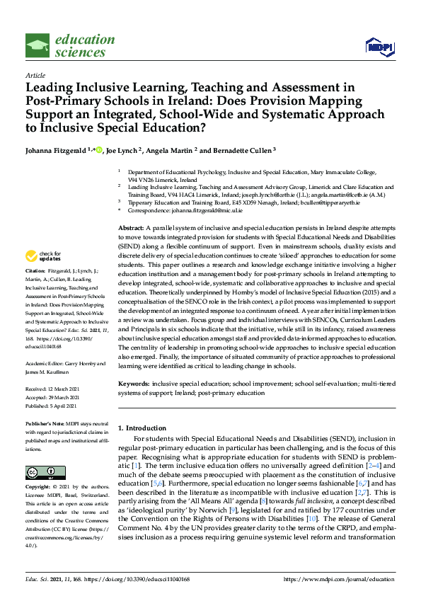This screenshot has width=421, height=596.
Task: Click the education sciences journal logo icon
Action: (x=37, y=45)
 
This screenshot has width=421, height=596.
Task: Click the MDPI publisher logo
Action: (x=379, y=47)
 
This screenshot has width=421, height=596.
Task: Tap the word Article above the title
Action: (x=35, y=74)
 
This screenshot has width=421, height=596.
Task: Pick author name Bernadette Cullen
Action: (x=239, y=150)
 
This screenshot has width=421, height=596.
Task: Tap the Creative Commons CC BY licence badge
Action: (x=41, y=472)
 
